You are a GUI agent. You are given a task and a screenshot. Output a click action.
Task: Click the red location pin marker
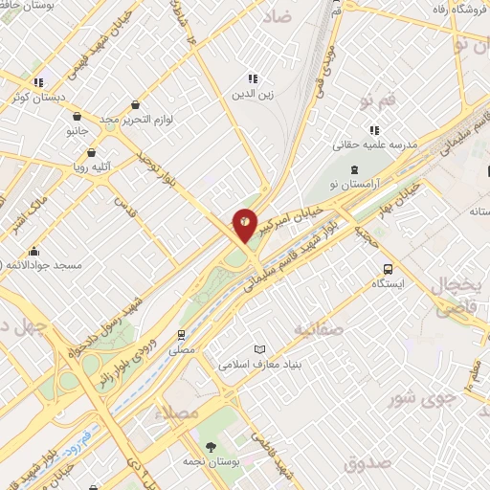(245, 223)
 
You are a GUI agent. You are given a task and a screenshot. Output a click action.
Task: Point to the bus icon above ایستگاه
(388, 269)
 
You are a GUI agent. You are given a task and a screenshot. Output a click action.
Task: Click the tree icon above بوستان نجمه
(212, 447)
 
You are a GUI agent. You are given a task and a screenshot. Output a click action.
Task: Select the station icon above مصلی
(181, 335)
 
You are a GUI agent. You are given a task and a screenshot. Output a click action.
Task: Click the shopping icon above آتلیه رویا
(91, 151)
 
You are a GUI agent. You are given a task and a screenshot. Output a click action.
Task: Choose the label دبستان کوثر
(36, 98)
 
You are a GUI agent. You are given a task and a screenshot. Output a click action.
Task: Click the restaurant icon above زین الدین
(252, 78)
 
